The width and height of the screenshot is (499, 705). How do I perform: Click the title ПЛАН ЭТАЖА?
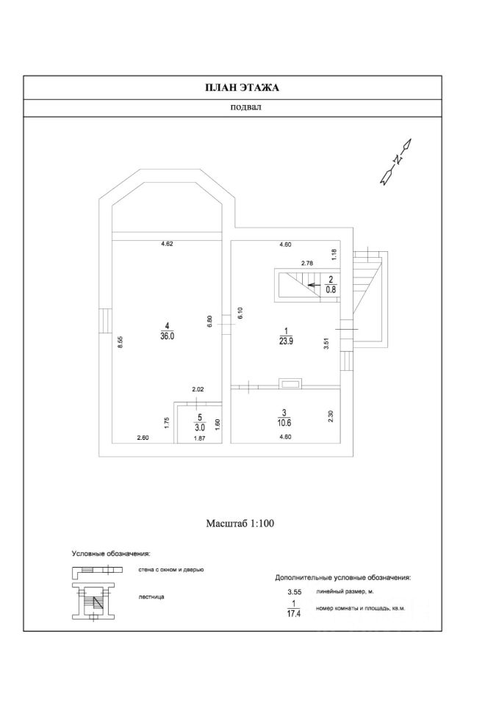tap(242, 87)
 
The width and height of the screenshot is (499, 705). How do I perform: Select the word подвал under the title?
tap(242, 107)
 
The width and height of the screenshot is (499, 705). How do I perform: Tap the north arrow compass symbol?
tap(398, 159)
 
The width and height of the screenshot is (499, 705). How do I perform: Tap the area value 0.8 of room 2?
tap(331, 289)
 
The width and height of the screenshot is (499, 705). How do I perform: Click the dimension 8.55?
tap(119, 341)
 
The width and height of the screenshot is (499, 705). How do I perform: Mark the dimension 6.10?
tap(240, 312)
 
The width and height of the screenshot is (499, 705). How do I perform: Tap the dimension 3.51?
tap(327, 342)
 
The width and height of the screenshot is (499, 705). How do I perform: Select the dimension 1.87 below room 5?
tap(199, 438)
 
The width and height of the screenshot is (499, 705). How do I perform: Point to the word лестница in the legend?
tap(151, 596)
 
